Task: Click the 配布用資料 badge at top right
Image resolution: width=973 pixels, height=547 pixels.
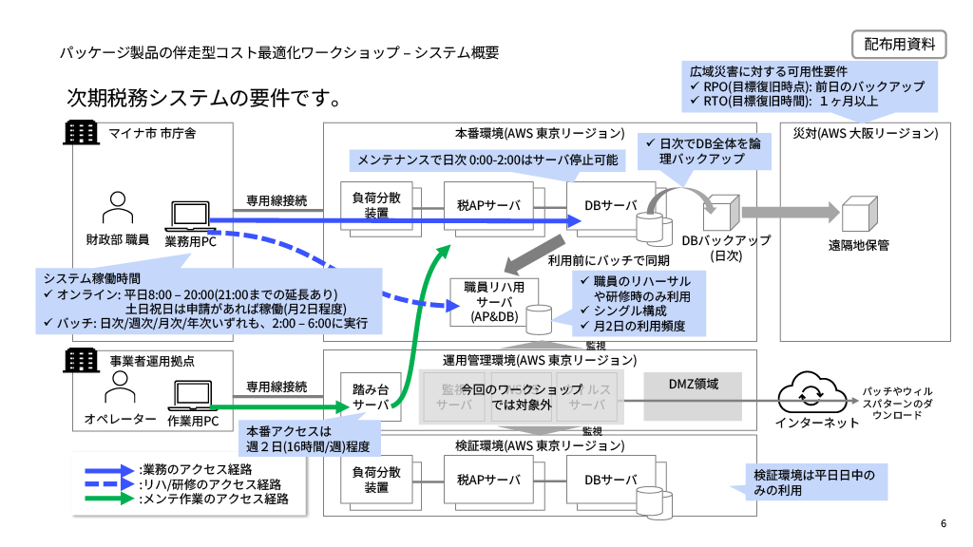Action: point(899,43)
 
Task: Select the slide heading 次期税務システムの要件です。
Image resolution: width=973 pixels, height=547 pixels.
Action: point(203,98)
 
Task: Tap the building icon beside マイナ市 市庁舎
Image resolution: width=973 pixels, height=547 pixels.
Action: point(81,132)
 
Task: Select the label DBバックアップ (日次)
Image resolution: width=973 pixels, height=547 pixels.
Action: point(727,248)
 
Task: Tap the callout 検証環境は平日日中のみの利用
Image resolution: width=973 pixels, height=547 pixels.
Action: point(813,481)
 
